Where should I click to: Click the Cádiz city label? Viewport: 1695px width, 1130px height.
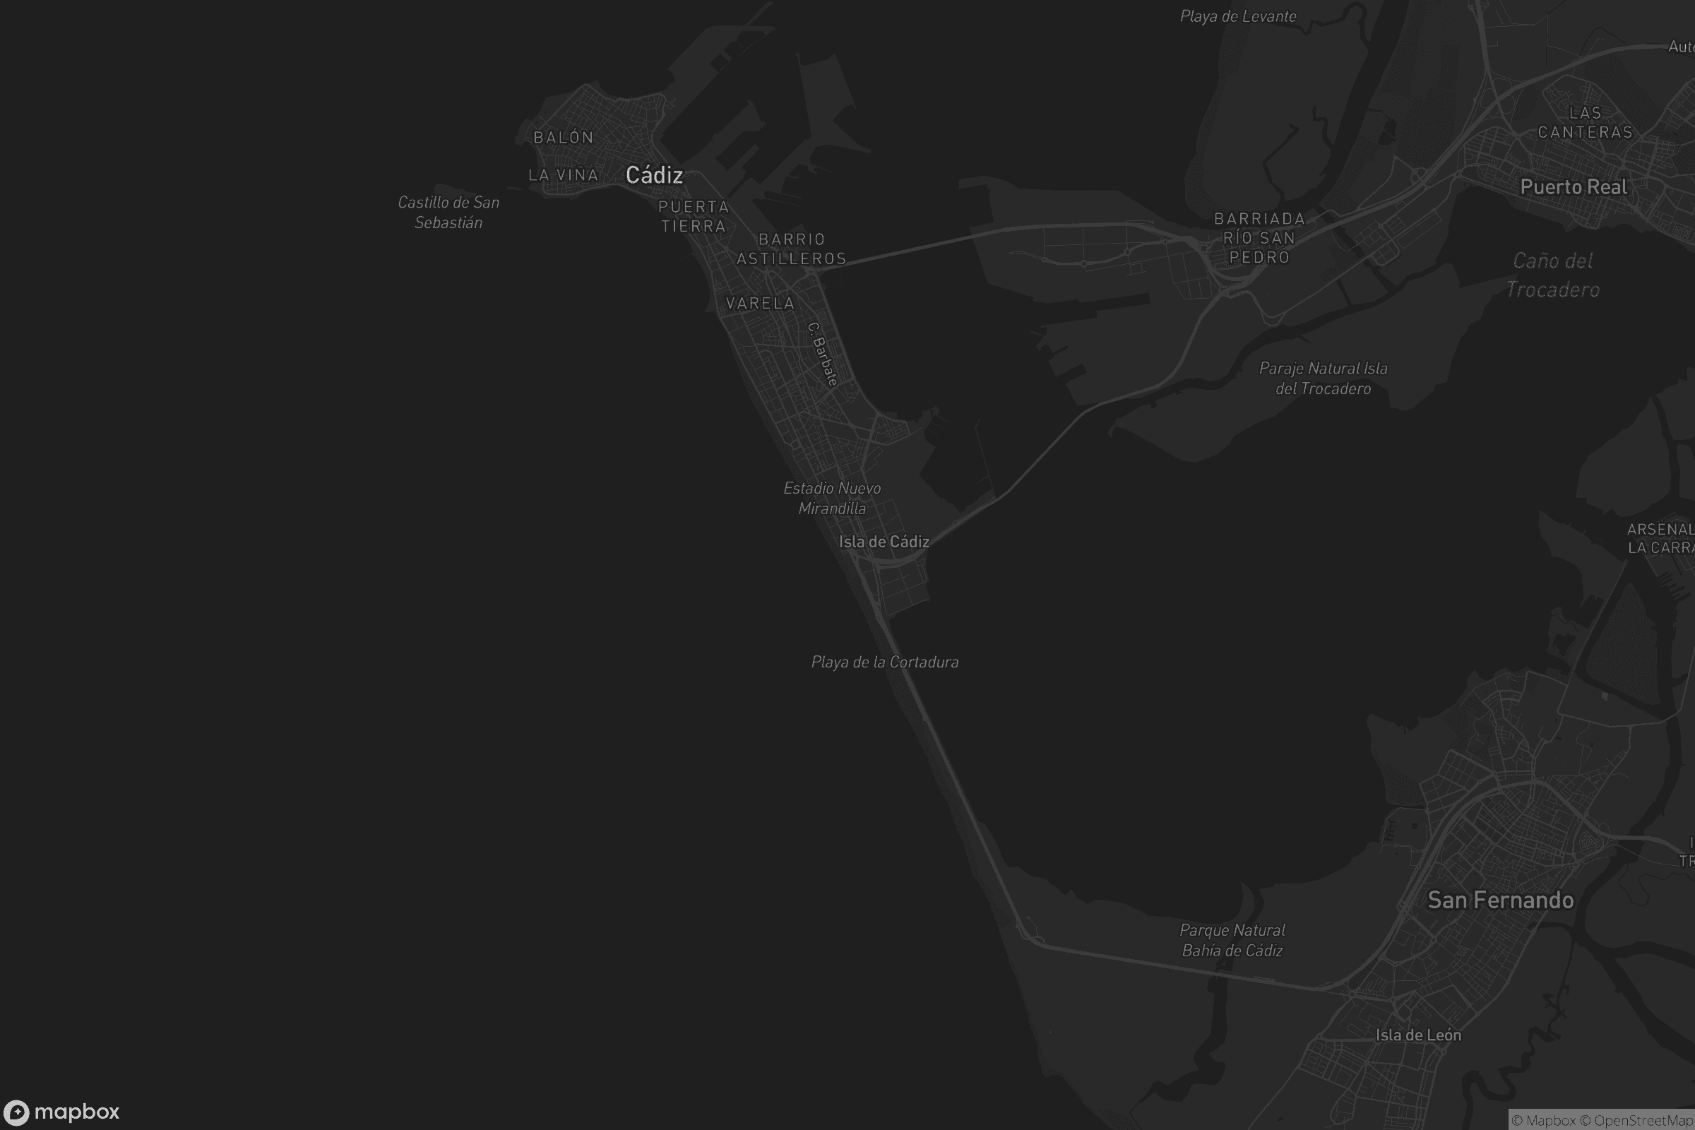tap(654, 174)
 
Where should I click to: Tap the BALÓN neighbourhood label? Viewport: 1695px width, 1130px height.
tap(564, 137)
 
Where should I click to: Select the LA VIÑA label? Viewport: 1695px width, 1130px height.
tap(564, 174)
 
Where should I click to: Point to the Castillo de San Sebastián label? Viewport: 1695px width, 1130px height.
tap(448, 213)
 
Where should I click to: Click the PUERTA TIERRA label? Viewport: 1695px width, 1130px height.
tap(694, 216)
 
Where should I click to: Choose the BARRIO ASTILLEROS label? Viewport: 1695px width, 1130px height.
tap(791, 249)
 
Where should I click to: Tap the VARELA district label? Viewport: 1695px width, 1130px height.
tap(761, 304)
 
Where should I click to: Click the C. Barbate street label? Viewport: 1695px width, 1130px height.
tap(822, 353)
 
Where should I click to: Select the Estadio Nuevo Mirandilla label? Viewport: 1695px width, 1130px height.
tap(833, 498)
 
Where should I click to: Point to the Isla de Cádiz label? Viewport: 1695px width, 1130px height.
tap(884, 542)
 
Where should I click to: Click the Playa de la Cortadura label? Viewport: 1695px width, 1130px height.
tap(885, 662)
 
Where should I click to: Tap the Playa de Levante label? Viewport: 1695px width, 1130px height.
tap(1238, 16)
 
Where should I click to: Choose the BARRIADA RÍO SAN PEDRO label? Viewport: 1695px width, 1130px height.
tap(1259, 238)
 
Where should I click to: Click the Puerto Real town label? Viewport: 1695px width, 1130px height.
tap(1574, 187)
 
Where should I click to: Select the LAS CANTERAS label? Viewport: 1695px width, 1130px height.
tap(1585, 122)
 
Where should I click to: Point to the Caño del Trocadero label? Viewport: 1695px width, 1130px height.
tap(1553, 275)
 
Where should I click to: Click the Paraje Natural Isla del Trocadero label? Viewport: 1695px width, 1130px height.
tap(1323, 379)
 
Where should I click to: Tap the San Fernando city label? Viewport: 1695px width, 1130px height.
tap(1500, 900)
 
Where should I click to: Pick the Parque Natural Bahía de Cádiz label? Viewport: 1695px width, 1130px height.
tap(1232, 941)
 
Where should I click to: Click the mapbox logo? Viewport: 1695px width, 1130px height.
tap(61, 1112)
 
